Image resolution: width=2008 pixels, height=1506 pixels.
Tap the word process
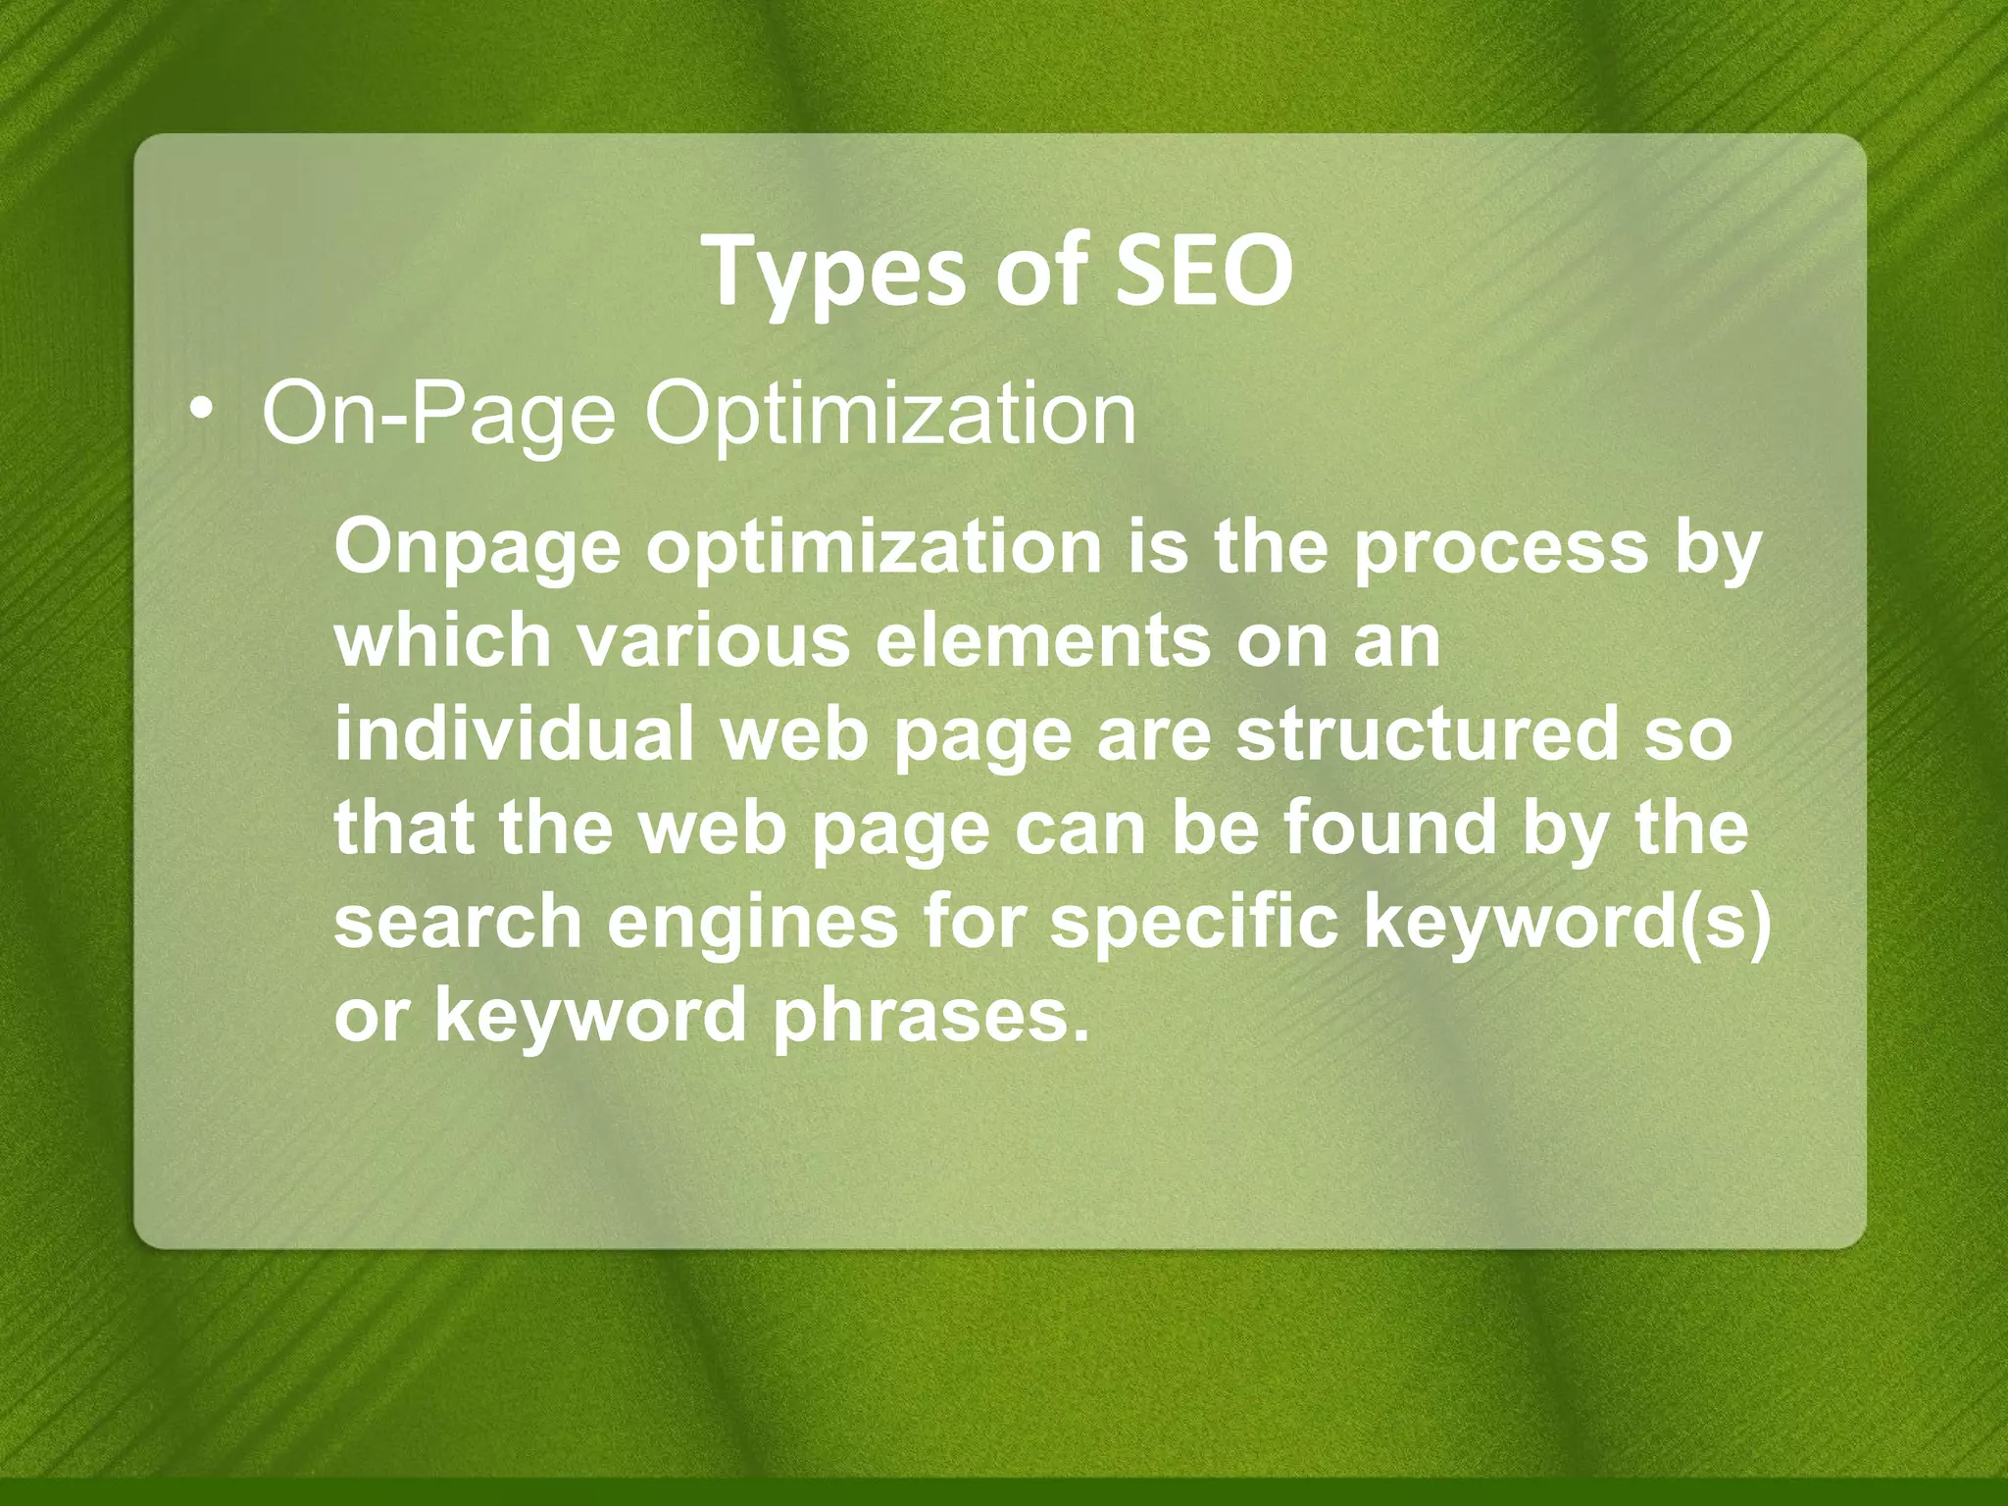pyautogui.click(x=1501, y=549)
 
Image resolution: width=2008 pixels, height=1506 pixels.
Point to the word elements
pyautogui.click(x=1043, y=640)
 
